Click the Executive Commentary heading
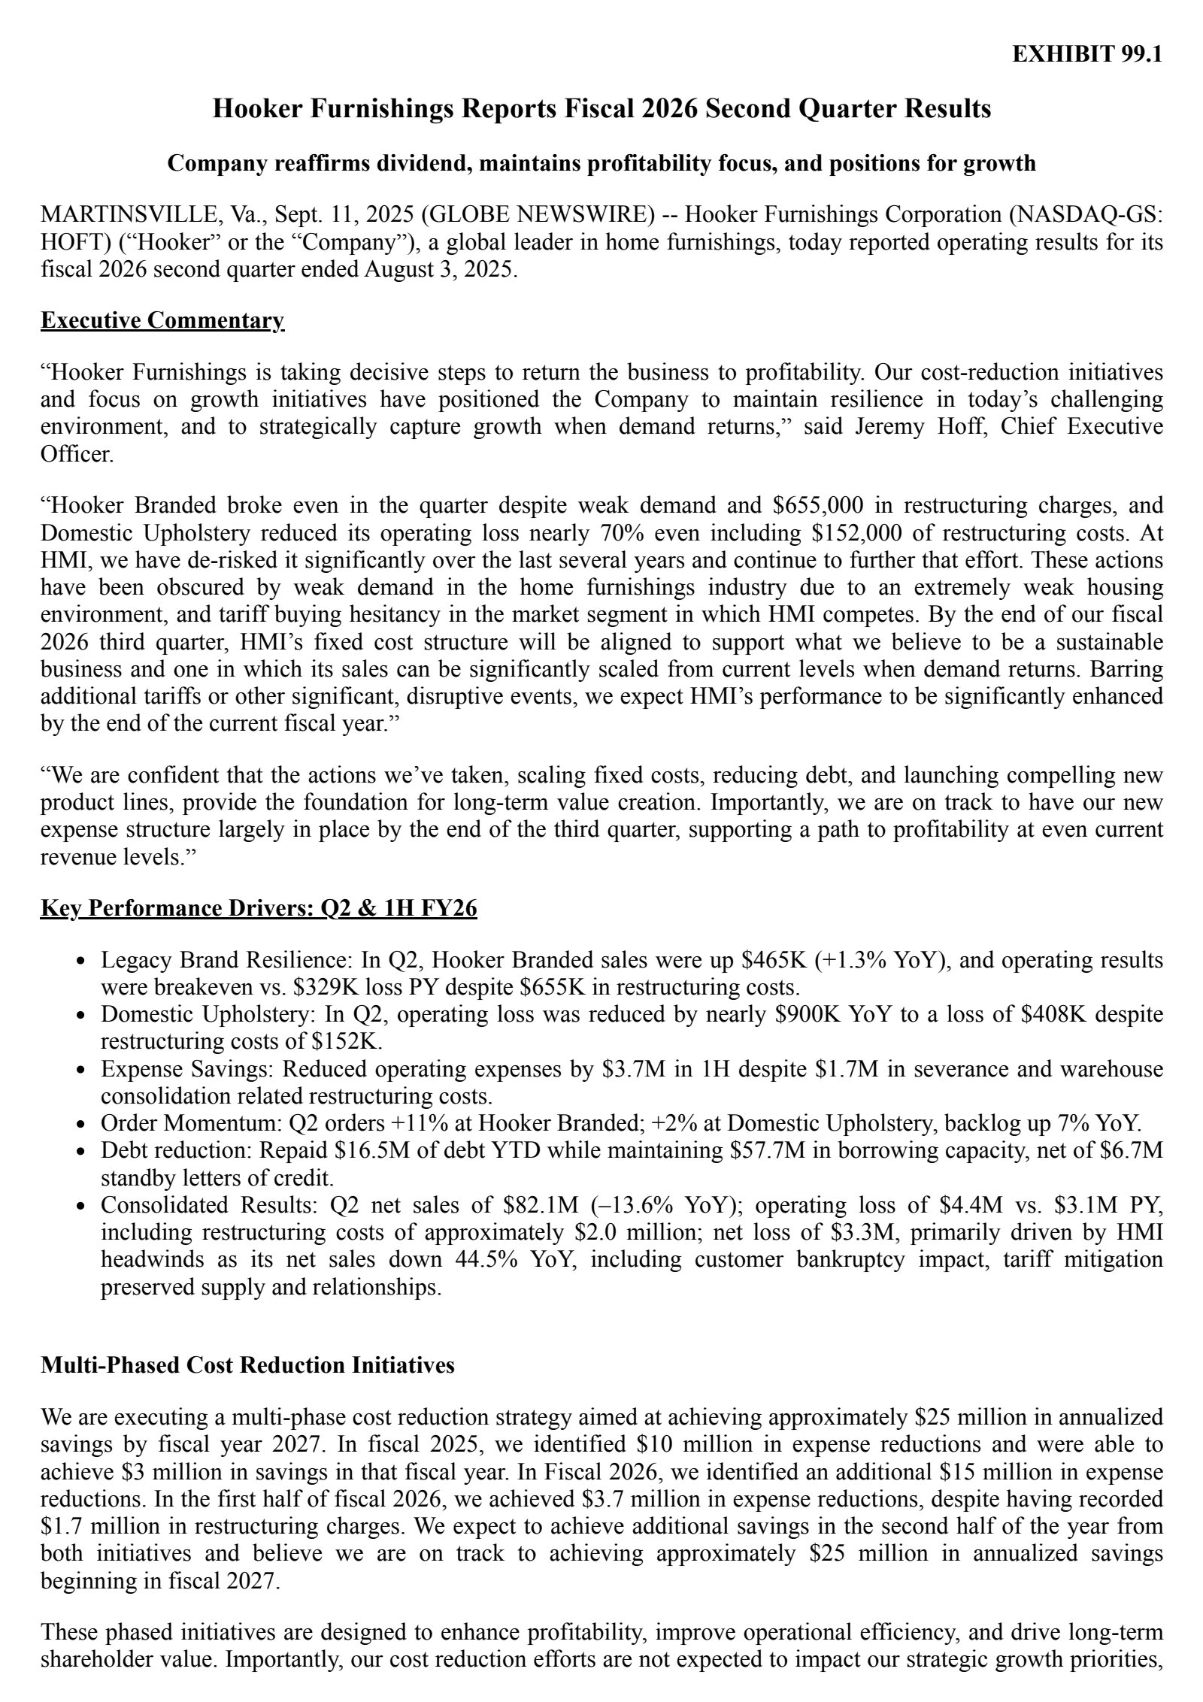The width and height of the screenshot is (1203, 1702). [162, 320]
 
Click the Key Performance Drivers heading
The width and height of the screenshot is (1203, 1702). [259, 909]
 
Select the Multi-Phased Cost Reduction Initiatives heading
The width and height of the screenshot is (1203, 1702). [247, 1365]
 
